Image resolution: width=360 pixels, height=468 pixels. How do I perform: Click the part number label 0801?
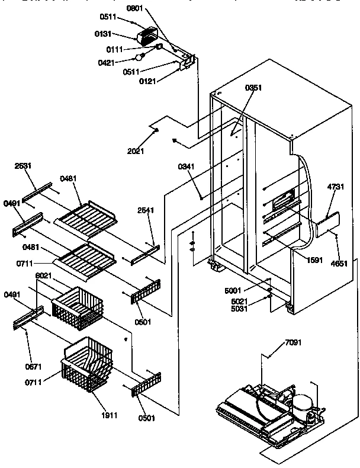136,9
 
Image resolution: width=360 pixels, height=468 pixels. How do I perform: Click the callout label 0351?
253,88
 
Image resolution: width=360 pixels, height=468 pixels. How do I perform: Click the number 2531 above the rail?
23,166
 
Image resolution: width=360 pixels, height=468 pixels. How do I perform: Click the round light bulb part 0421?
140,57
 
